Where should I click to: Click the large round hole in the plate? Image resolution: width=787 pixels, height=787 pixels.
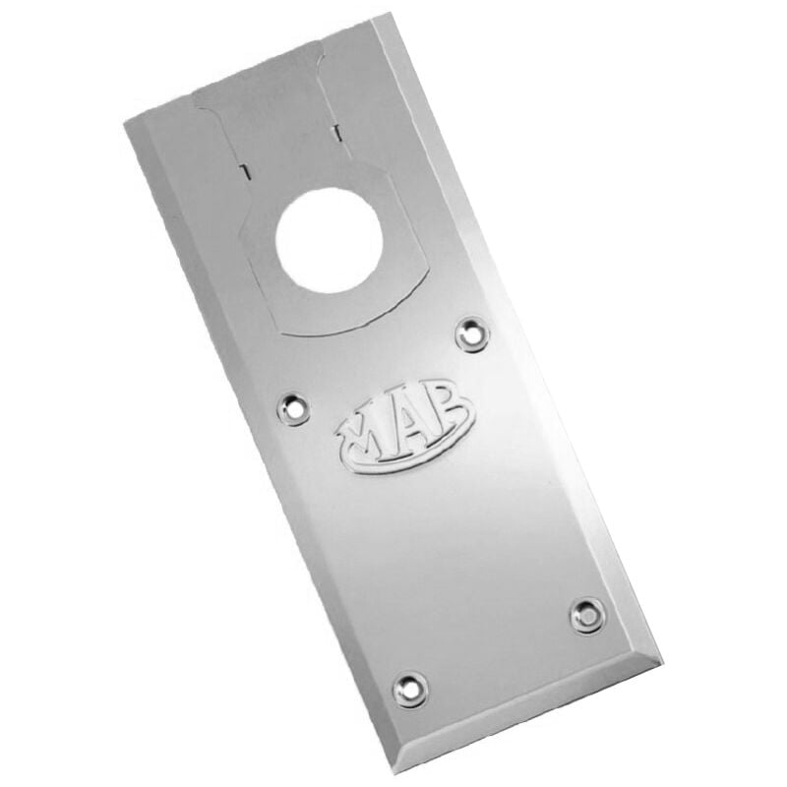coord(328,239)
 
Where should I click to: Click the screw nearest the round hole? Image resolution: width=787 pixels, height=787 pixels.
coord(473,334)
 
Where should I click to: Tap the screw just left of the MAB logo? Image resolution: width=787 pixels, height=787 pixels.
coord(293,404)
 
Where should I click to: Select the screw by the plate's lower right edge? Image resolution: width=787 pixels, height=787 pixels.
coord(587,616)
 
